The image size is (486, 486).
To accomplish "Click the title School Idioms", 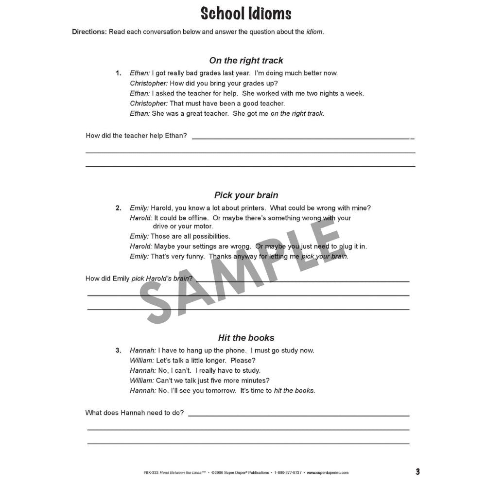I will tap(246, 14).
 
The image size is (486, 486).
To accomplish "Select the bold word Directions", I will tap(89, 32).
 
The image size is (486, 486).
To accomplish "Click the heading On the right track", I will tap(246, 61).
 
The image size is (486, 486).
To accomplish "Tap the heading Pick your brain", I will tap(246, 195).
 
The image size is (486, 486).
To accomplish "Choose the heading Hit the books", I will tap(246, 338).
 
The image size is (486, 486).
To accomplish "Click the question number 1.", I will tap(118, 73).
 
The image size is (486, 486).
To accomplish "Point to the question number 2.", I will tap(118, 208).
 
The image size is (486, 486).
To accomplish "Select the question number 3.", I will tap(118, 350).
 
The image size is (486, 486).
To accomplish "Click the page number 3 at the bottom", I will tap(417, 471).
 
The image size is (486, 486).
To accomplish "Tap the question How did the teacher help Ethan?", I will tap(136, 136).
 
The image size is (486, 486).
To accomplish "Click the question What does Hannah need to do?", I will tap(135, 413).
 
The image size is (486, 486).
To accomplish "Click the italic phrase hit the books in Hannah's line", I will tap(294, 391).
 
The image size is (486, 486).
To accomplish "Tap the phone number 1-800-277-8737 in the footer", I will tap(288, 472).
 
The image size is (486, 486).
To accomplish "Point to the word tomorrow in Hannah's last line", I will tap(218, 391).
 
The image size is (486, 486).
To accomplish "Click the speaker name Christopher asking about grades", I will tap(149, 83).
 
